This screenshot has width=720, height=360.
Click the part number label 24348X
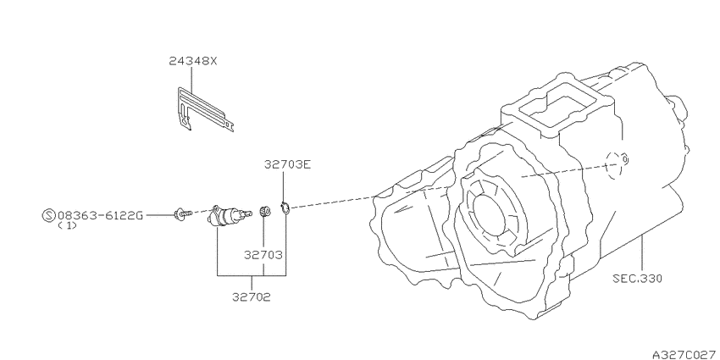pyautogui.click(x=192, y=61)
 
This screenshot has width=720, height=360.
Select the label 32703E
pyautogui.click(x=287, y=164)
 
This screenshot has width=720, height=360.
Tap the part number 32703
pyautogui.click(x=263, y=255)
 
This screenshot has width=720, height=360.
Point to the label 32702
pyautogui.click(x=252, y=297)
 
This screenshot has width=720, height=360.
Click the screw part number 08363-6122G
pyautogui.click(x=101, y=215)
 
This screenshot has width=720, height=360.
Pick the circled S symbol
pyautogui.click(x=48, y=215)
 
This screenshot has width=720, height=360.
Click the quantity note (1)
pyautogui.click(x=67, y=226)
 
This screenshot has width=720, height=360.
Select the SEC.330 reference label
pyautogui.click(x=638, y=279)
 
